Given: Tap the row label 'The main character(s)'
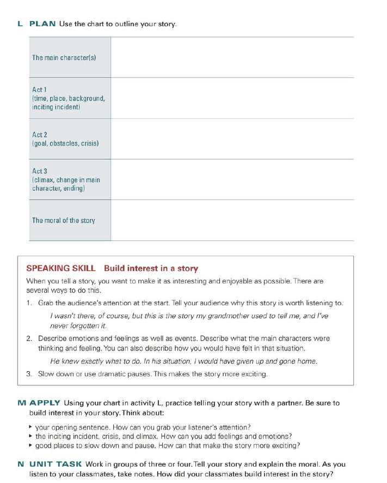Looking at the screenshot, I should coord(64,57).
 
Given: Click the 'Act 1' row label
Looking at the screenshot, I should coord(40,89).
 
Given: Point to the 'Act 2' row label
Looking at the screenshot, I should coord(40,134).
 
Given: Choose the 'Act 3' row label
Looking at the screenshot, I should coord(40,171).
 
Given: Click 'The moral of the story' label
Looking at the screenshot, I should coord(64,220).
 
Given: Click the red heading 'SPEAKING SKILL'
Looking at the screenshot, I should coord(61,268).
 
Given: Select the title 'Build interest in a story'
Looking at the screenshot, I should coord(151,268).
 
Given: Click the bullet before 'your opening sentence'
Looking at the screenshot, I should coord(30,427).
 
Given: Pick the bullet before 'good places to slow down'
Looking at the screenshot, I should coord(30,445).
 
